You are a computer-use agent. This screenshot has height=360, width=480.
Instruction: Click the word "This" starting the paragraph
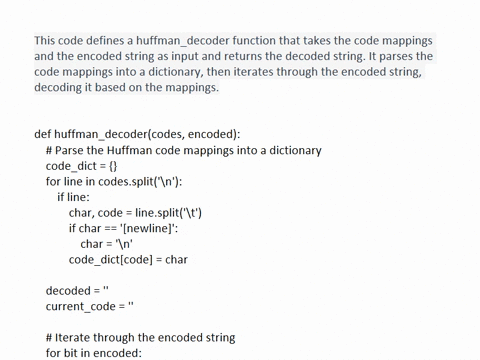click(47, 40)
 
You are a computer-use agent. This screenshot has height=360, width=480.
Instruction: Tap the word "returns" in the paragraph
click(307, 56)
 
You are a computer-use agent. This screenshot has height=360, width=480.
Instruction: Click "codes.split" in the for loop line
click(133, 181)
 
